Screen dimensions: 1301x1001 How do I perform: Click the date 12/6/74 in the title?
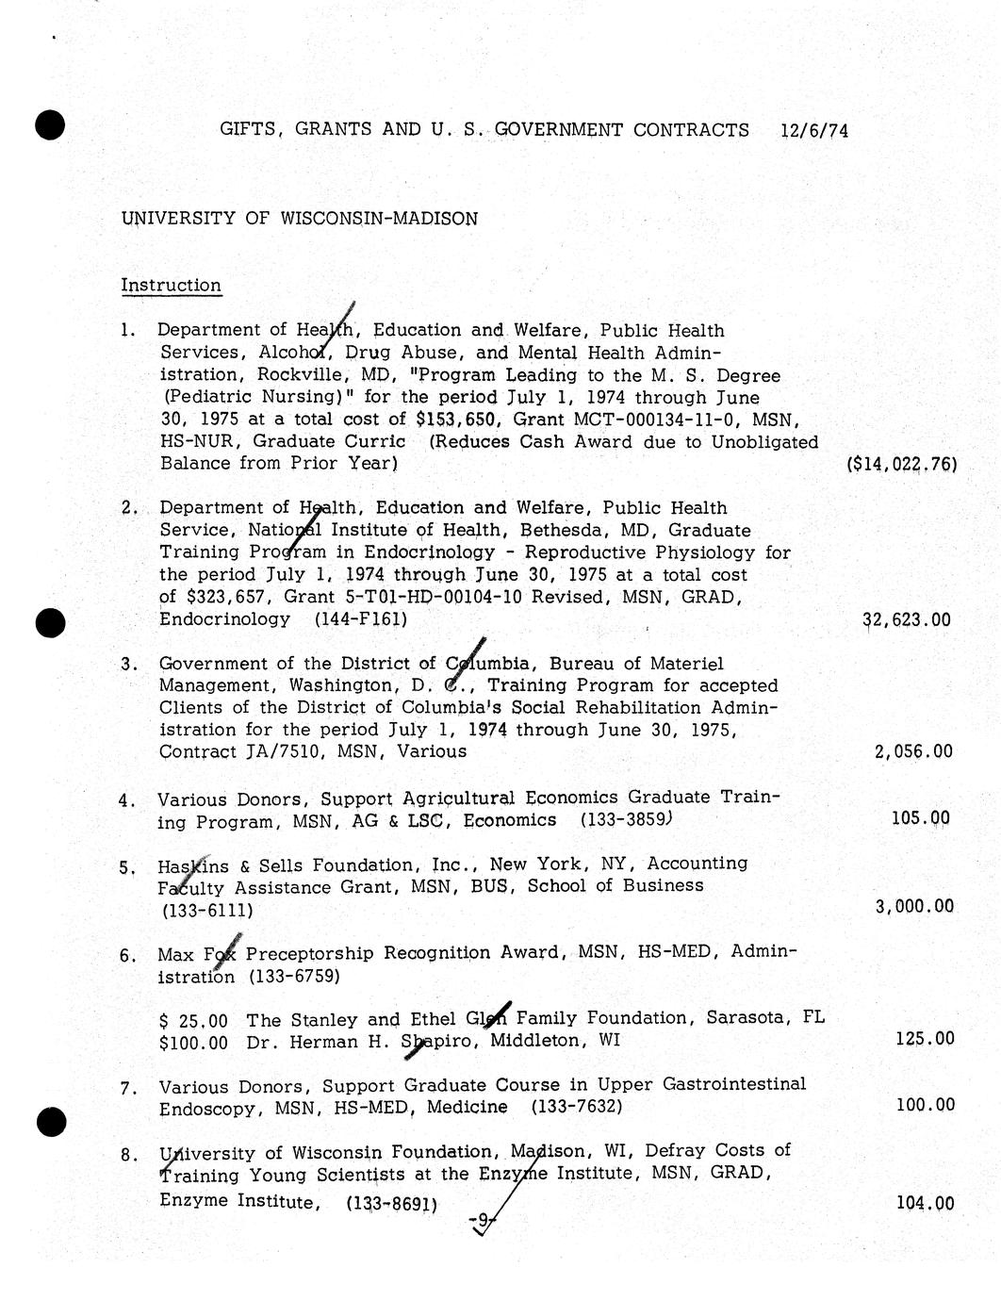(814, 131)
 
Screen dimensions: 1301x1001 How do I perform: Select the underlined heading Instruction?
(171, 286)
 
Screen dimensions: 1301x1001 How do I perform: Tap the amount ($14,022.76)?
(902, 464)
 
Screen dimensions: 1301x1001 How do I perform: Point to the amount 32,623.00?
(907, 620)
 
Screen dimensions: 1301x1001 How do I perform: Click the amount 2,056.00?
(913, 752)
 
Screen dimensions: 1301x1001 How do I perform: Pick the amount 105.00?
(921, 818)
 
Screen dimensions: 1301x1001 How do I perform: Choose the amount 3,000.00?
(914, 907)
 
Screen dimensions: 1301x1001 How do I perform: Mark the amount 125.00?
(925, 1039)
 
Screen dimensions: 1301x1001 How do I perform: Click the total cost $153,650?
(456, 420)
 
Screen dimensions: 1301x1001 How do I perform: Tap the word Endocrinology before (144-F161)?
(224, 619)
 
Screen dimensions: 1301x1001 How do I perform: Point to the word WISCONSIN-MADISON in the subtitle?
(379, 219)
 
